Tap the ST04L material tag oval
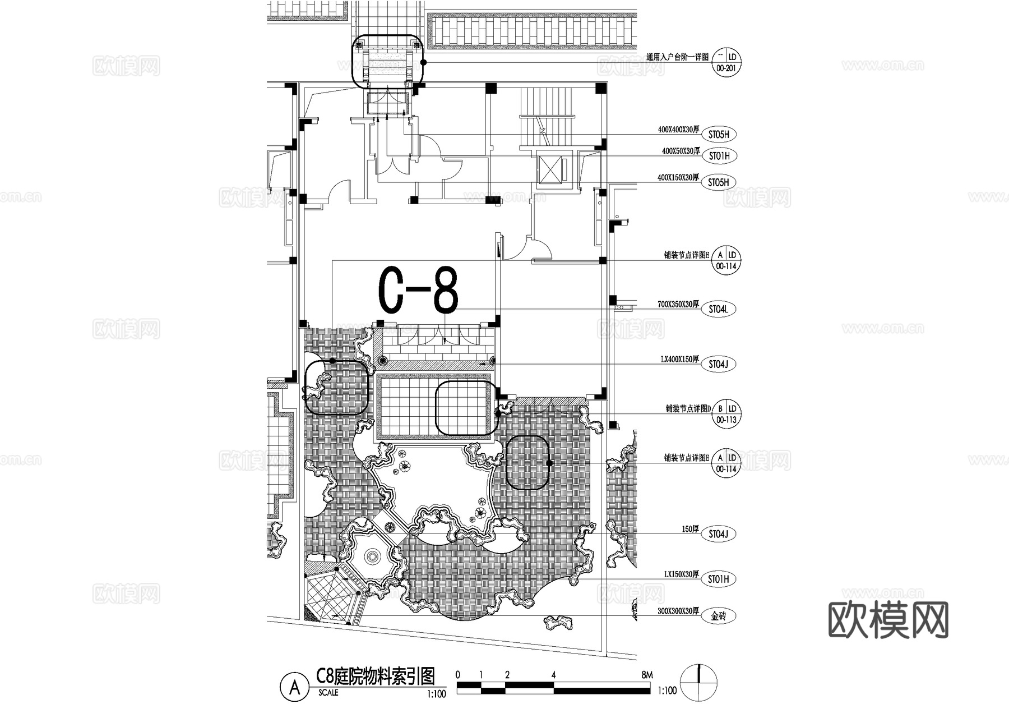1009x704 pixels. (718, 309)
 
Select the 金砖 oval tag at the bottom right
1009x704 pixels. (718, 616)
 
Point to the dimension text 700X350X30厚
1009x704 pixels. (678, 305)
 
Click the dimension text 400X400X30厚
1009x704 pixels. (678, 130)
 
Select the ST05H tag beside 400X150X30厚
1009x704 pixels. (718, 182)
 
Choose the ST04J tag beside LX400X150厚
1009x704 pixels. (718, 364)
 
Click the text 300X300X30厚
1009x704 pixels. (678, 611)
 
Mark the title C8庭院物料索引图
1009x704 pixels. (376, 677)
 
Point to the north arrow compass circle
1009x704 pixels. (698, 682)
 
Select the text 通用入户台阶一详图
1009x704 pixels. (677, 57)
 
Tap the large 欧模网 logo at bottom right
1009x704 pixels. (888, 620)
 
